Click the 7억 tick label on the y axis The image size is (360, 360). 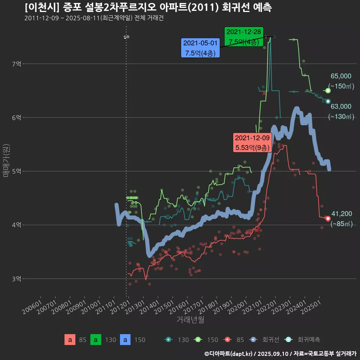[16, 64]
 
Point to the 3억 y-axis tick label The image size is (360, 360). [16, 279]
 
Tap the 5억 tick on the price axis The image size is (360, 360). [16, 171]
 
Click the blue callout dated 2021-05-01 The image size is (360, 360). [200, 48]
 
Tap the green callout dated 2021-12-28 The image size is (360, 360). [244, 37]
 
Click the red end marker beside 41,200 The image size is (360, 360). [328, 218]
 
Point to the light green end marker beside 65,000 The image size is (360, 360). [328, 91]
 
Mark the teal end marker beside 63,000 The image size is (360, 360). [328, 101]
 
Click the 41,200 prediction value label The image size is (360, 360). [342, 214]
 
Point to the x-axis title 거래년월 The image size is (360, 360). [190, 320]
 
